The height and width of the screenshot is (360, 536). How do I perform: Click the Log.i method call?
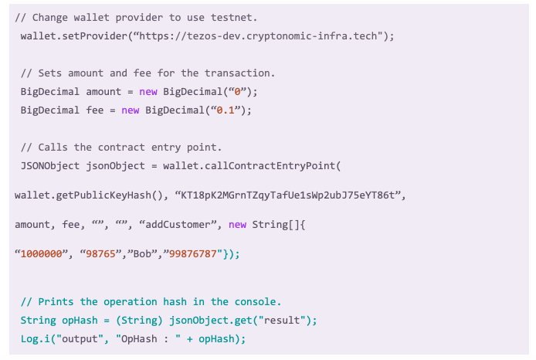[35, 338]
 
